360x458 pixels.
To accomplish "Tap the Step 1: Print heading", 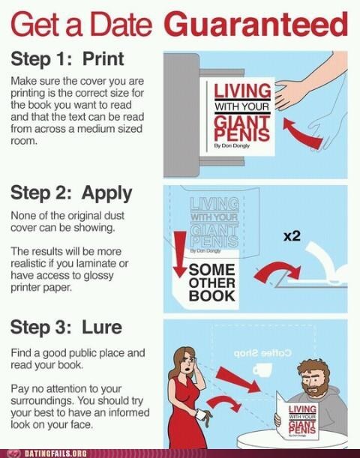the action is pyautogui.click(x=67, y=59).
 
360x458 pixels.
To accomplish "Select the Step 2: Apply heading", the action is pyautogui.click(x=71, y=193).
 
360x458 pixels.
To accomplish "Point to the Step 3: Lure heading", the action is pyautogui.click(x=66, y=328).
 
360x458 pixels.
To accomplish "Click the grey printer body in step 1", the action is pyautogui.click(x=181, y=115).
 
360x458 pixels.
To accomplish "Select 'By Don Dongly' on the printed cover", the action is pyautogui.click(x=232, y=146).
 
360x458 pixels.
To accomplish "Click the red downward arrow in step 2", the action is pyautogui.click(x=180, y=253).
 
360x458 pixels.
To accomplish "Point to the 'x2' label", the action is pyautogui.click(x=292, y=236).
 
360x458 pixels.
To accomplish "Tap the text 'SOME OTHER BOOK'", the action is pyautogui.click(x=211, y=283).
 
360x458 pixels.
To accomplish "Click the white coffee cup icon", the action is pyautogui.click(x=262, y=370).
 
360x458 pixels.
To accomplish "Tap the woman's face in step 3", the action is pyautogui.click(x=187, y=364).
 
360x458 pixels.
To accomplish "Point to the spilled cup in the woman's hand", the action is pyautogui.click(x=201, y=415).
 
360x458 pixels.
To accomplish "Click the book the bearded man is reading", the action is pyautogui.click(x=296, y=416).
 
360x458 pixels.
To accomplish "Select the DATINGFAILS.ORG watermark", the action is pyautogui.click(x=55, y=454).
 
